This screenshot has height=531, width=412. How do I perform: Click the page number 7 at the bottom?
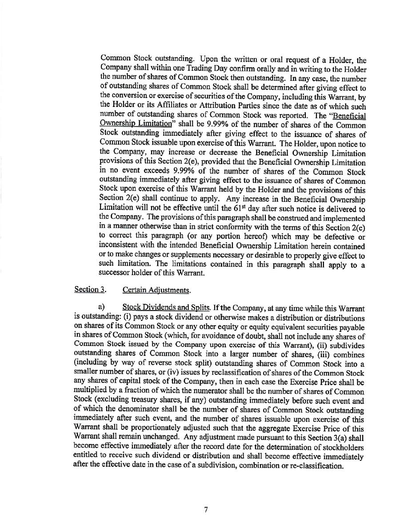coord(206,510)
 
